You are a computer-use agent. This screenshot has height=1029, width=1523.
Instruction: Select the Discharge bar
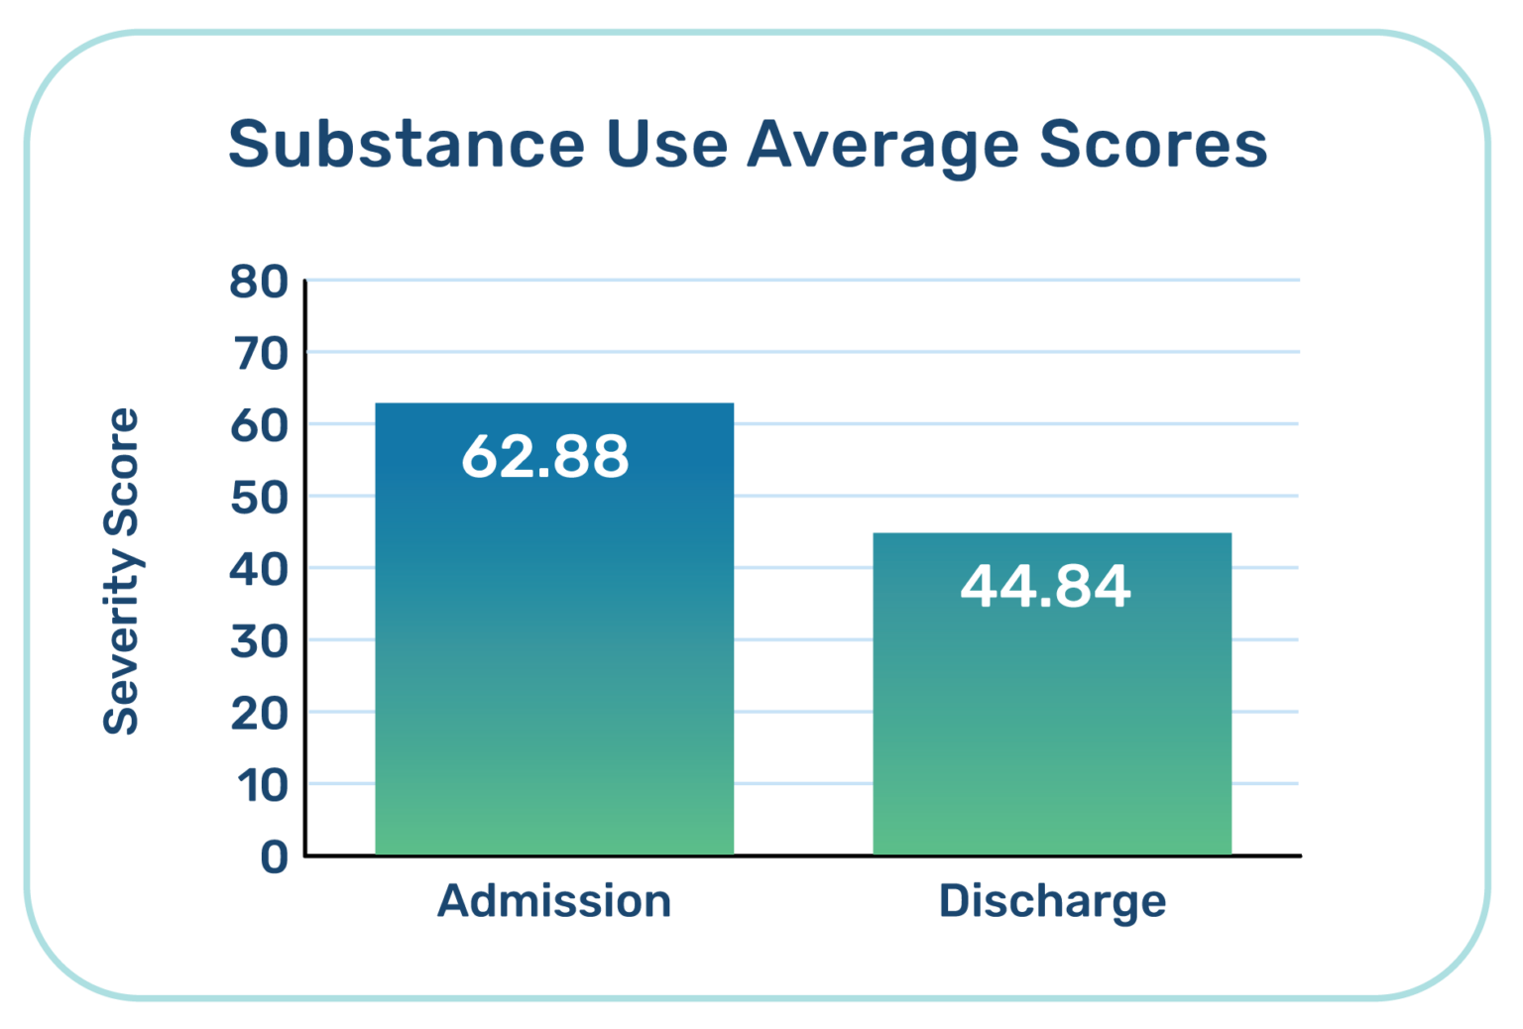coord(1052,714)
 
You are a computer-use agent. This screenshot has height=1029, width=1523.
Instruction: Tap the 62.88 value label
coord(545,457)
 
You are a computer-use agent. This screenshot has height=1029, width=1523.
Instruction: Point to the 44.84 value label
coord(1045,586)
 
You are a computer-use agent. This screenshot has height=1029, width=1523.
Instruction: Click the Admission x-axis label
coord(554,901)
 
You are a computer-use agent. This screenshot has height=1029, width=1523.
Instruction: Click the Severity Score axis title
coord(121,571)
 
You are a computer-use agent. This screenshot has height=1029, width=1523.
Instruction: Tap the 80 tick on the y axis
coord(259,283)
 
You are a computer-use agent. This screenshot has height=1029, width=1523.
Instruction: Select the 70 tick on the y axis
coord(259,354)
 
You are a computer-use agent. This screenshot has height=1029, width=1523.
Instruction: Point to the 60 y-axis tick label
coord(259,426)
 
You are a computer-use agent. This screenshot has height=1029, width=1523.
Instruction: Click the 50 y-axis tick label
coord(259,498)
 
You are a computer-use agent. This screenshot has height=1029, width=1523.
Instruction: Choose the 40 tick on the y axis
coord(259,570)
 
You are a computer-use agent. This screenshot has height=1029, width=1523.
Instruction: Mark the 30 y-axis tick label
coord(259,642)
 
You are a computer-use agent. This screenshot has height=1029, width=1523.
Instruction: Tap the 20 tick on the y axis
coord(259,714)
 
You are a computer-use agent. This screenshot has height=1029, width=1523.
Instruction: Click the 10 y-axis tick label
coord(261,786)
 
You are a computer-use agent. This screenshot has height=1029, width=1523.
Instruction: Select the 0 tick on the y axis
coord(274,857)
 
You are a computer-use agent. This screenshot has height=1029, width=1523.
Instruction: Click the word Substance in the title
coord(407,144)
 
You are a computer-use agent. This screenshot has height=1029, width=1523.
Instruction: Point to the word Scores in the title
coord(1153,144)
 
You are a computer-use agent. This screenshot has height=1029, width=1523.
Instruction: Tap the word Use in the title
coord(666,144)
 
